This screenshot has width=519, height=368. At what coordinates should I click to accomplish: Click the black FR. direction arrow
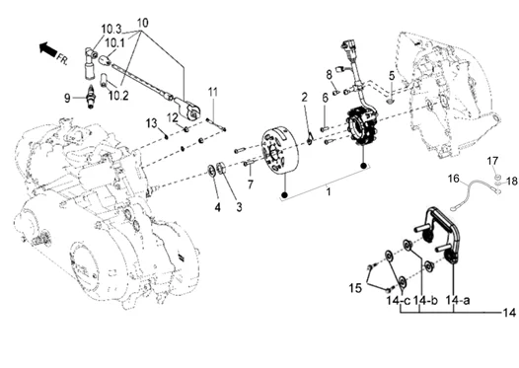point(44,46)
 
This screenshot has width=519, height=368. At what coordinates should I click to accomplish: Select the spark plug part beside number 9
point(90,97)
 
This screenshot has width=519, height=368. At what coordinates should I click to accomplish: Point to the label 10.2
point(118,96)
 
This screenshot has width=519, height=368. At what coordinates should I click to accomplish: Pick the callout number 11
point(211,93)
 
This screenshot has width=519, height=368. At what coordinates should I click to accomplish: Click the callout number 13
point(152,122)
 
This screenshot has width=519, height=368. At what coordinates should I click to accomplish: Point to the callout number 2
point(305,96)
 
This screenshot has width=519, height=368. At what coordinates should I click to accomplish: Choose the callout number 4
point(216,206)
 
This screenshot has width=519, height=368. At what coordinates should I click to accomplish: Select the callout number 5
point(391,75)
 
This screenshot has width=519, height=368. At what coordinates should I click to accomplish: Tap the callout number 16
point(453,179)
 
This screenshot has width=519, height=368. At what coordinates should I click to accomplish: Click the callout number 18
point(512,182)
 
